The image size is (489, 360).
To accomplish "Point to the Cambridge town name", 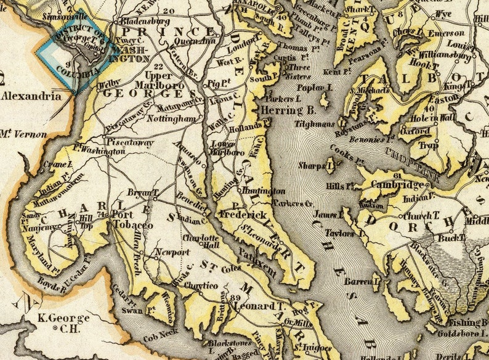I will (x=398, y=186).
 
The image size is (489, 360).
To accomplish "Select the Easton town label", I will (x=443, y=98).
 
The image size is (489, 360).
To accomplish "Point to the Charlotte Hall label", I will (x=201, y=242).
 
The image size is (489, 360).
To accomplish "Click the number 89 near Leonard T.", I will (x=234, y=299).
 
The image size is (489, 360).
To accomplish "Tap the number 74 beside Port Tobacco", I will (x=102, y=213).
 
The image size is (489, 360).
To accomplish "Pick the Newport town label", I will (x=168, y=252).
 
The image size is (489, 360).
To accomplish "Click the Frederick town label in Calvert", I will (x=245, y=215).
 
